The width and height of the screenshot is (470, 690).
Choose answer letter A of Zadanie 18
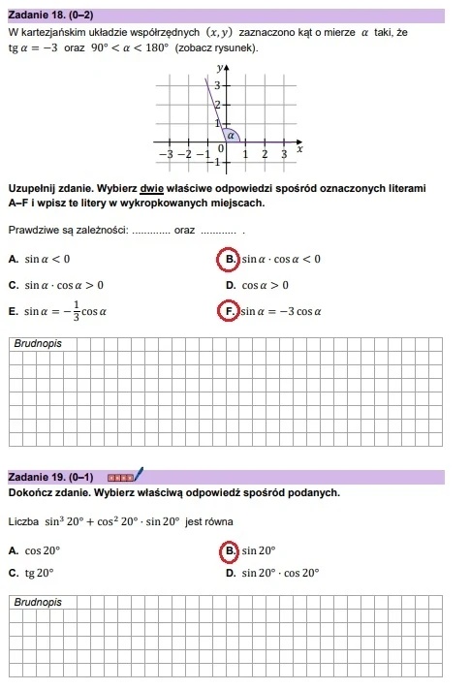(x=12, y=259)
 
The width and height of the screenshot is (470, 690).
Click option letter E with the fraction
(x=12, y=312)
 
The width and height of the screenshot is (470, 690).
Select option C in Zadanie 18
(x=12, y=285)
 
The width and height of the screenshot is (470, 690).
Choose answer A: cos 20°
(x=12, y=549)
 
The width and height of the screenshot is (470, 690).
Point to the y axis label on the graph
(x=221, y=67)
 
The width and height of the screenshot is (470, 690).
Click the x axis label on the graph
(x=299, y=149)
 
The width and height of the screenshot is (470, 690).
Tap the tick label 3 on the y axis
(x=217, y=86)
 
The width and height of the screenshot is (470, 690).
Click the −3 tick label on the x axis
(x=166, y=154)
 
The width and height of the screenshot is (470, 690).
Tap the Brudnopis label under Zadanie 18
(x=37, y=343)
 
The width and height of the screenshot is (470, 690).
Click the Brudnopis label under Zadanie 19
(x=37, y=602)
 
